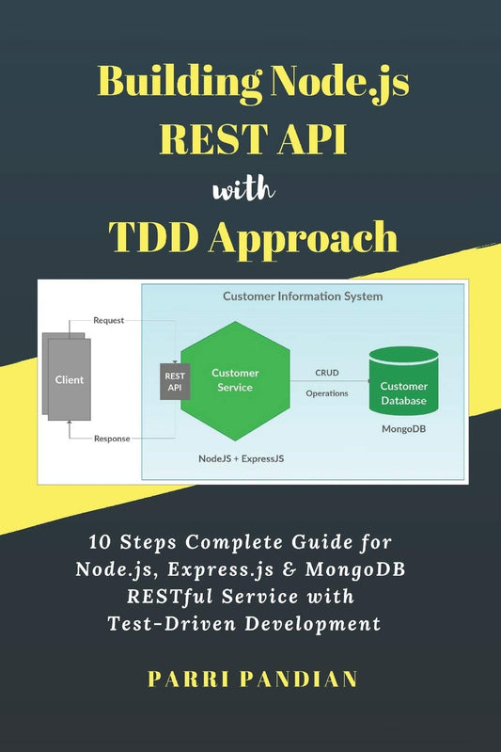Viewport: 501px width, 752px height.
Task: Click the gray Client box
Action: pyautogui.click(x=68, y=380)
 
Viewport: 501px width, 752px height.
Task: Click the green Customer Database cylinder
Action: pyautogui.click(x=404, y=386)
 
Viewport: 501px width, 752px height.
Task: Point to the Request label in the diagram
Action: pyautogui.click(x=108, y=320)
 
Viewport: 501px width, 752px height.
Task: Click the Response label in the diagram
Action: pyautogui.click(x=112, y=439)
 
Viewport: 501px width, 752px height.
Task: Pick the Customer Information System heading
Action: pyautogui.click(x=303, y=296)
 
